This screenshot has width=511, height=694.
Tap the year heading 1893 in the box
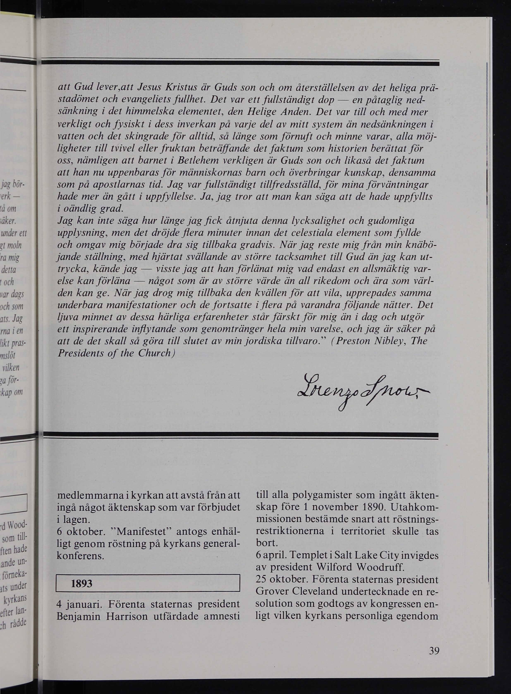tap(82, 583)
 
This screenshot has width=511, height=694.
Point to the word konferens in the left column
tap(80, 556)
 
